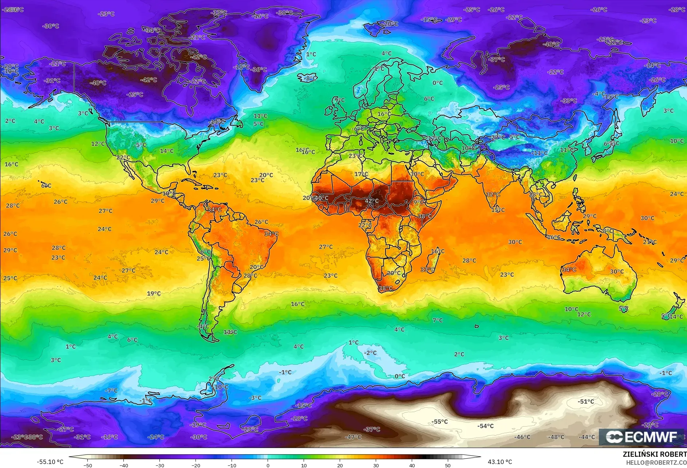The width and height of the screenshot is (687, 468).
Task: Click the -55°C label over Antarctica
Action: [x=439, y=422]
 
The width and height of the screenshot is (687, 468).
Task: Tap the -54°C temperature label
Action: [x=485, y=426]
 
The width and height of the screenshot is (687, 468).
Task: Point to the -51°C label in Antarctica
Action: [x=585, y=401]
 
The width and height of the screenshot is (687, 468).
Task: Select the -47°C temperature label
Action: [x=353, y=437]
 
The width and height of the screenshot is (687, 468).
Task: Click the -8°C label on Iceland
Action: [x=310, y=78]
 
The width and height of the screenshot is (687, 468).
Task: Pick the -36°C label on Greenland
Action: [x=259, y=69]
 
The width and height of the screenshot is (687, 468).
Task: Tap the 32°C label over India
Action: [x=493, y=195]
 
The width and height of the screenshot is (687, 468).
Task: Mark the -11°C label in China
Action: [x=539, y=153]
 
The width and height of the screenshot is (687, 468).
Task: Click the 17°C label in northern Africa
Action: [x=361, y=174]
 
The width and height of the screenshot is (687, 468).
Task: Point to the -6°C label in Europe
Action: [x=358, y=129]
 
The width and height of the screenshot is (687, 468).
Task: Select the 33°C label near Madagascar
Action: [x=427, y=269]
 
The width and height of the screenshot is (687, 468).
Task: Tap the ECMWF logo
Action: [x=641, y=437]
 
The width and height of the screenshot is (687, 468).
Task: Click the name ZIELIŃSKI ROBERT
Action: [x=654, y=454]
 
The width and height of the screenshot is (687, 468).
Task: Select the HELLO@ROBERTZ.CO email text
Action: [x=656, y=463]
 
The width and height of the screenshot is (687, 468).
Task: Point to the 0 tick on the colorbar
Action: [x=268, y=465]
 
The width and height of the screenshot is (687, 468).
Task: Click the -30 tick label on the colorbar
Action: [x=159, y=465]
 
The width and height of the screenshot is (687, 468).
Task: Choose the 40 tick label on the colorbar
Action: [x=412, y=465]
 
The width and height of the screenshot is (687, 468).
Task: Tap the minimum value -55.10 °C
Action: [x=50, y=462]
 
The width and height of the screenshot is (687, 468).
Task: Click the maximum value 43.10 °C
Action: [x=500, y=462]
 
